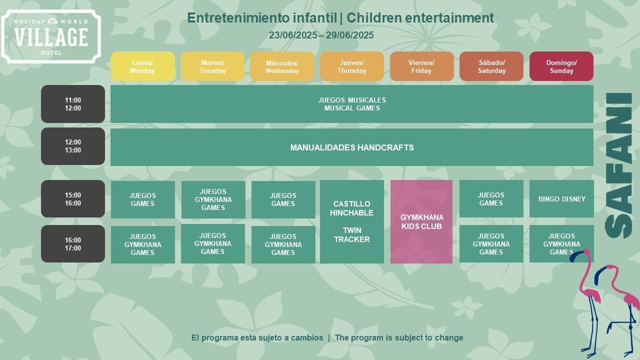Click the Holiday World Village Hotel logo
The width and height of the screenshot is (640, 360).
point(51,36)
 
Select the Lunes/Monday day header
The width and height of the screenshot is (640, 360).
point(142,66)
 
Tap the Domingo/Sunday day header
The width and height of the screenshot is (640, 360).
point(561,66)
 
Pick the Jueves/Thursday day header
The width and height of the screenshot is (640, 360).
point(351,66)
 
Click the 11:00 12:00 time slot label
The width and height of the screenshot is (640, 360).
point(73,104)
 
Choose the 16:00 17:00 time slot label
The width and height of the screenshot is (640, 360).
point(73,243)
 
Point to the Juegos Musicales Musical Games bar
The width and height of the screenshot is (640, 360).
point(352,104)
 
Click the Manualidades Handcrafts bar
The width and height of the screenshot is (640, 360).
point(352,147)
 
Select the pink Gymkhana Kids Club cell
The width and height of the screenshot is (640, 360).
point(421,221)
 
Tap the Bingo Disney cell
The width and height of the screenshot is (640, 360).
point(561,199)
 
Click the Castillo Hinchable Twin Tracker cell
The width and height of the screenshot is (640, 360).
point(351,221)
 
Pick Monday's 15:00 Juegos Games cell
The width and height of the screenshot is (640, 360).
point(142,199)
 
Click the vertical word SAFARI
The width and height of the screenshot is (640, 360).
point(618,165)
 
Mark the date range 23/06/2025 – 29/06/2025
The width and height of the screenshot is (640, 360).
point(321,35)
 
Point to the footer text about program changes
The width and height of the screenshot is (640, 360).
point(327,337)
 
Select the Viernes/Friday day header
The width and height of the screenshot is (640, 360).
point(421,66)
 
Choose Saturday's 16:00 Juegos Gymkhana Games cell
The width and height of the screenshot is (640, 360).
point(491,243)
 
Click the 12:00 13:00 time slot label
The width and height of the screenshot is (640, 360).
point(73,146)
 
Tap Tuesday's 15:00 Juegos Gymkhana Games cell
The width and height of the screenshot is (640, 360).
point(213,199)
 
